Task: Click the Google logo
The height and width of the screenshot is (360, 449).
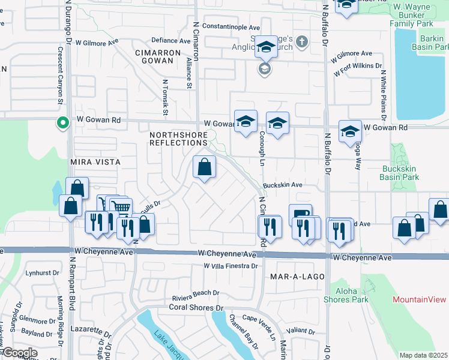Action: click(x=20, y=353)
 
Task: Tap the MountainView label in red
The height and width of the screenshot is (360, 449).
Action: click(x=420, y=299)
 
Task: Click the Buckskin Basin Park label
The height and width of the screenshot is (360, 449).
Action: click(x=400, y=173)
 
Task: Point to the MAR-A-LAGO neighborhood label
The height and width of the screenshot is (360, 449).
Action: click(x=297, y=277)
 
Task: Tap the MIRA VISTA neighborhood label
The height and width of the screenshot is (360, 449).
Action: click(x=95, y=162)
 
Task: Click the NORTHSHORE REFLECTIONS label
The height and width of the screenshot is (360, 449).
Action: click(x=178, y=139)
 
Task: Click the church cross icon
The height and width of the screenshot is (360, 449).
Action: click(x=301, y=42)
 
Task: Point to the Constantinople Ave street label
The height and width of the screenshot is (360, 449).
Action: click(x=231, y=27)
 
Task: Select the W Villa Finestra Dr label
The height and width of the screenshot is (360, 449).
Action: click(x=231, y=266)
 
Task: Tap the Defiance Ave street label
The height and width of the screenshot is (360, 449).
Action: click(x=171, y=41)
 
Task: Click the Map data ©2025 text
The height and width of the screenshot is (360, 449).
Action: click(x=423, y=355)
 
